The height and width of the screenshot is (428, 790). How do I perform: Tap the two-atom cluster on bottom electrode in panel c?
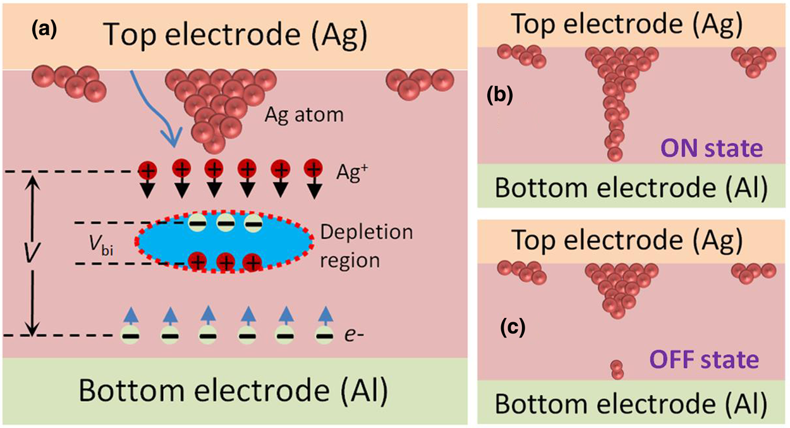tap(617, 369)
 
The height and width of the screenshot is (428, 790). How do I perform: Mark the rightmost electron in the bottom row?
tap(324, 335)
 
